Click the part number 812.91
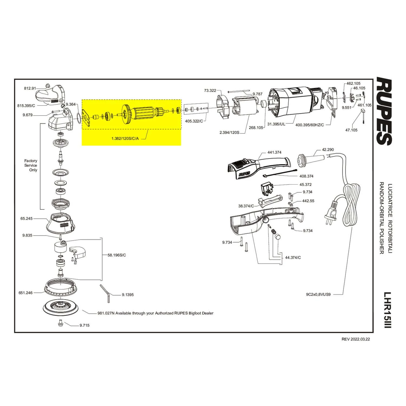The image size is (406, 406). pyautogui.click(x=30, y=88)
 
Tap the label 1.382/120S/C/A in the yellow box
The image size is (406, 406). pyautogui.click(x=125, y=138)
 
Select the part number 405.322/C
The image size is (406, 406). pyautogui.click(x=194, y=121)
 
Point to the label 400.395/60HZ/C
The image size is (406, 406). pyautogui.click(x=309, y=125)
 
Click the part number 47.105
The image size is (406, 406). pyautogui.click(x=351, y=130)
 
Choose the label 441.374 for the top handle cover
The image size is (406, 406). pyautogui.click(x=274, y=152)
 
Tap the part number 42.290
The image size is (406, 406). pyautogui.click(x=328, y=149)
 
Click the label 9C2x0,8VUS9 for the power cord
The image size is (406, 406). pyautogui.click(x=318, y=294)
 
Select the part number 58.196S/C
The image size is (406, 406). pyautogui.click(x=117, y=255)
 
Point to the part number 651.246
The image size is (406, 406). pyautogui.click(x=25, y=293)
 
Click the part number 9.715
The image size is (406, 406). pyautogui.click(x=84, y=325)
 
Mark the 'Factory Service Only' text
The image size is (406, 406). pyautogui.click(x=31, y=165)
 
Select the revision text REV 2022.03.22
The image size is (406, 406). pyautogui.click(x=356, y=339)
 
